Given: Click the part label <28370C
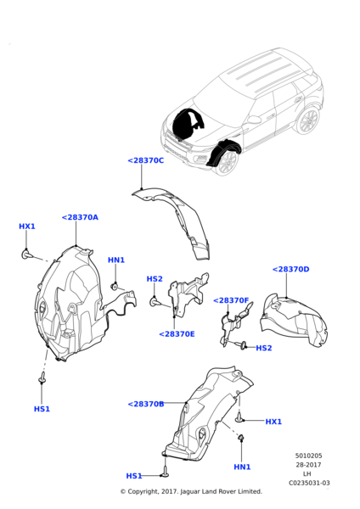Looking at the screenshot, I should pos(145,160).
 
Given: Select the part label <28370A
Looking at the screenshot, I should pos(80,217).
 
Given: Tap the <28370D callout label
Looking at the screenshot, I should pos(290,269).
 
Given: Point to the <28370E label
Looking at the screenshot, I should pos(177,333).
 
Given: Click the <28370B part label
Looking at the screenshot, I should pos(145,404).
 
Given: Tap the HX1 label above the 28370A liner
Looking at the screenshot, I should pos(27,227).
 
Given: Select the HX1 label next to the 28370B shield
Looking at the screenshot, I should pos(273,422).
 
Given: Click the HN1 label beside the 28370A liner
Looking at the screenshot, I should pos(116,260).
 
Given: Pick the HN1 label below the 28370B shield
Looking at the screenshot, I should pos(242,467).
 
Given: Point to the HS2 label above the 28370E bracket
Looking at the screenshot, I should pos(155,278).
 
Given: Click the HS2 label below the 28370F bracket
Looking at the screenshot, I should pos(264,348).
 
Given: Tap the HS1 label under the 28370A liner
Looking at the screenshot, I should pos(42,409).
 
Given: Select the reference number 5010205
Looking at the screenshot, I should pos(308,456).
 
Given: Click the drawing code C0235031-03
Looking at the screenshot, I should pos(308,484).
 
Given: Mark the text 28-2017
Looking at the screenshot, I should pos(308,465).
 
